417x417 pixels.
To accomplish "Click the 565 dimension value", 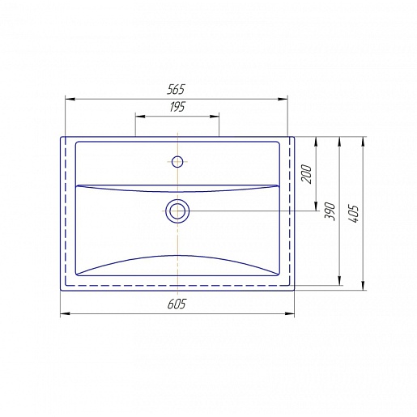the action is coord(176,90).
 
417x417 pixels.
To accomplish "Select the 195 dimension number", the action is coord(177,107).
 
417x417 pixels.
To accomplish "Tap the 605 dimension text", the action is coord(177,304).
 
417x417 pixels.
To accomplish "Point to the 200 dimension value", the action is coord(307,174).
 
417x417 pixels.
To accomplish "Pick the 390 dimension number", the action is coord(330,211).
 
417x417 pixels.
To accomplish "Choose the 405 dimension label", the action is coord(353,214).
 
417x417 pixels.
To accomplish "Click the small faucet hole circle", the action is coord(177,162).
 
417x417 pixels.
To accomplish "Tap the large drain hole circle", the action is coord(177,211).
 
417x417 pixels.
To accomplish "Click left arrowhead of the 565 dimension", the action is coord(70,99).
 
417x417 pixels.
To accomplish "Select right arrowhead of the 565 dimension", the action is coord(283,99).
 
